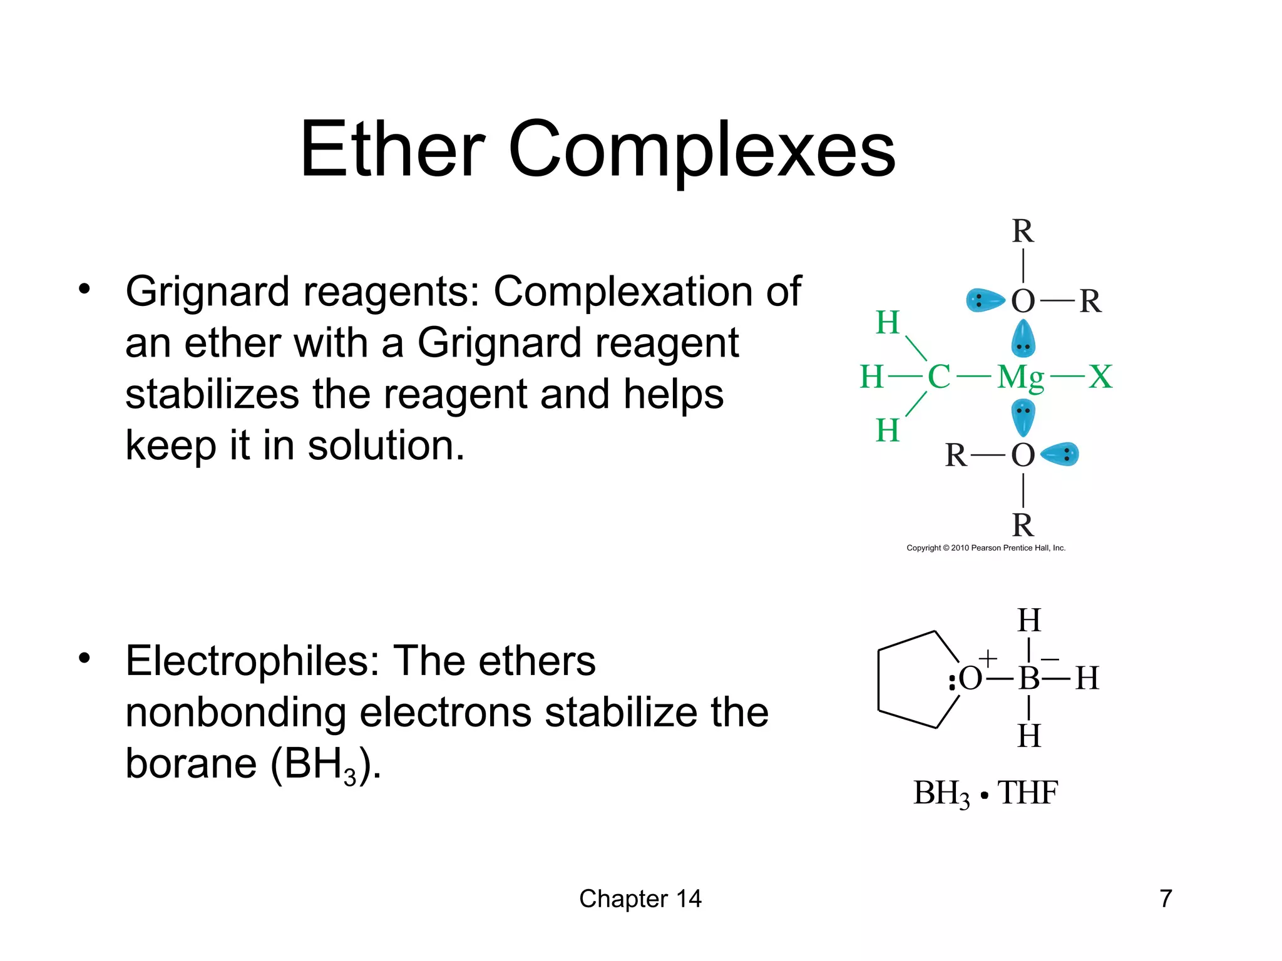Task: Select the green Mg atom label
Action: coord(1020,378)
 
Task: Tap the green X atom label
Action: coord(1100,377)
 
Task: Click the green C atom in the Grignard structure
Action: coord(938,377)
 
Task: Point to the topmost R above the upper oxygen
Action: coord(1023,231)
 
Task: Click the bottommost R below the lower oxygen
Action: coord(1023,525)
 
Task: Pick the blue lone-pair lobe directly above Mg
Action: coord(1023,339)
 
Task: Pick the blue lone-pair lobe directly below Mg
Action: coord(1023,416)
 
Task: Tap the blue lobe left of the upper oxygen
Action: coord(984,300)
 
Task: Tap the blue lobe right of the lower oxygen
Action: coord(1062,454)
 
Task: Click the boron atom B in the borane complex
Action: coord(1028,678)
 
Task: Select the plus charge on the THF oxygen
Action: coord(987,658)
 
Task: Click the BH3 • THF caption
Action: coord(985,793)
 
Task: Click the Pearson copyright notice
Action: coord(986,548)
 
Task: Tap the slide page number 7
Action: coord(1166,898)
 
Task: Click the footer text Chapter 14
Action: coord(640,898)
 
